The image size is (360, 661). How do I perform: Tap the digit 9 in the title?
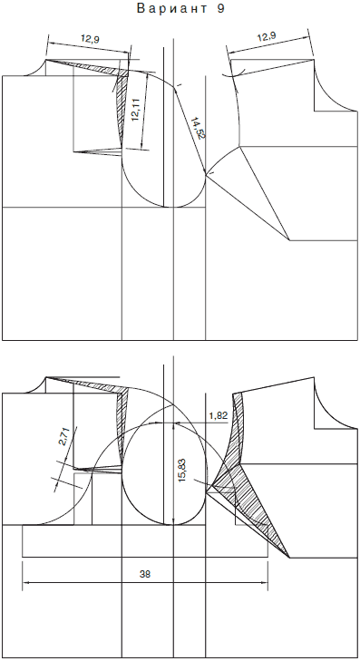(221, 9)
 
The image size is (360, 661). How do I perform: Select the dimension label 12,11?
(136, 111)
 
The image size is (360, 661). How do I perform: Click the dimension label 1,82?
(219, 415)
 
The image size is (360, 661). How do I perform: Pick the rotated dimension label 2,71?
(63, 437)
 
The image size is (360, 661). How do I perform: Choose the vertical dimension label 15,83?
(182, 470)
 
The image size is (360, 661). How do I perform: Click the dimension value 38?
(145, 574)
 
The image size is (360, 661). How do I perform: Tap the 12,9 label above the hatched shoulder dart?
(90, 40)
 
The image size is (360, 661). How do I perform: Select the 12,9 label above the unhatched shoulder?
(267, 36)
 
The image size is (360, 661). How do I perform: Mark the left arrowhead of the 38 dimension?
(25, 583)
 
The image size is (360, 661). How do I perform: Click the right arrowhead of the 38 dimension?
(265, 583)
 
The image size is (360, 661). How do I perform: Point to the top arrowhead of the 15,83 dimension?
(174, 424)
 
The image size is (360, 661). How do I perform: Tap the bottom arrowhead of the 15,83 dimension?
(174, 522)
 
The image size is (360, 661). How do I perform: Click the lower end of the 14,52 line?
(206, 174)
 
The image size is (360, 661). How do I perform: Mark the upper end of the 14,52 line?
(174, 87)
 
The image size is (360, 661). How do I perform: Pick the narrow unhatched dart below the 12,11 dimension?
(98, 151)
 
